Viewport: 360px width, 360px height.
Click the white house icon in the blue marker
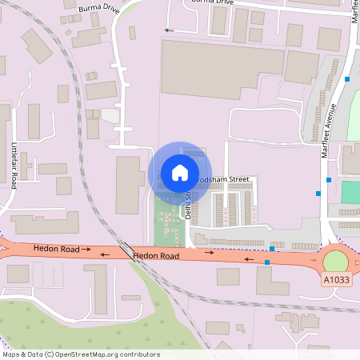pyautogui.click(x=179, y=172)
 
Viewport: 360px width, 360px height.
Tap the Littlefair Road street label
pyautogui.click(x=14, y=166)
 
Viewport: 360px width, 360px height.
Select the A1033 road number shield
pyautogui.click(x=337, y=280)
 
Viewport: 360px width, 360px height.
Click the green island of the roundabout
pyautogui.click(x=336, y=262)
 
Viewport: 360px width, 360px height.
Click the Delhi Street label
pyautogui.click(x=190, y=203)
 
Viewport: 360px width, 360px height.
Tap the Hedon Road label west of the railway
pyautogui.click(x=56, y=250)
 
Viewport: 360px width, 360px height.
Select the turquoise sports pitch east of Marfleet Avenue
pyautogui.click(x=350, y=192)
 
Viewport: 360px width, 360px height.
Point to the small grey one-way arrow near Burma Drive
pyautogui.click(x=168, y=30)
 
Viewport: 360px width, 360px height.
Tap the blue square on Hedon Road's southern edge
pyautogui.click(x=267, y=262)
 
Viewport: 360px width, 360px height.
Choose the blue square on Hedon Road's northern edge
pyautogui.click(x=273, y=249)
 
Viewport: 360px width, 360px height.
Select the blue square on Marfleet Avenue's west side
pyautogui.click(x=318, y=193)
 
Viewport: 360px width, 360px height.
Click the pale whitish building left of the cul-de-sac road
pyautogui.click(x=110, y=116)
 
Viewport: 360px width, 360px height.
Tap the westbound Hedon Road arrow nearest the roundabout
pyautogui.click(x=248, y=259)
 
